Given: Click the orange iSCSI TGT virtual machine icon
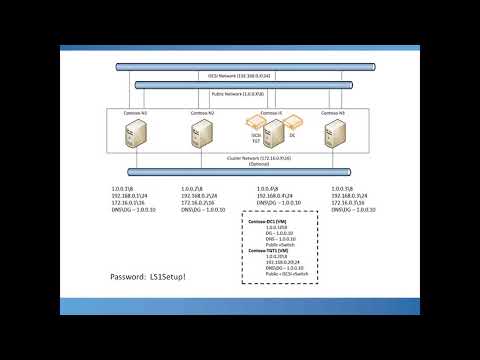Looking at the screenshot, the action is point(255,125).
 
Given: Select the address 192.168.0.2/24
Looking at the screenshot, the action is point(199,195).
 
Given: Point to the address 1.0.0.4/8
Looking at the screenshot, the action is point(267,187).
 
